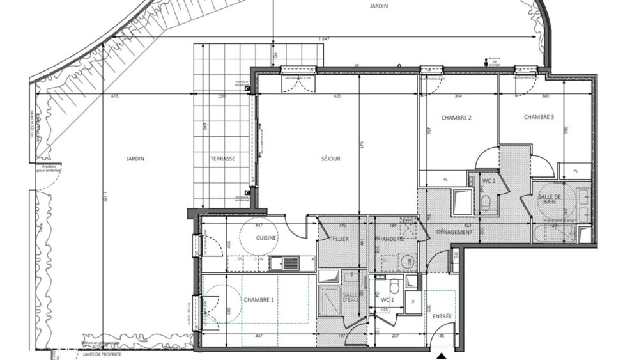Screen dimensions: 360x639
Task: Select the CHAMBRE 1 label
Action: (259, 300)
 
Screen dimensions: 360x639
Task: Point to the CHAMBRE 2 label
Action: (456, 118)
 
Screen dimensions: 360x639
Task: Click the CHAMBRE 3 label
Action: (539, 117)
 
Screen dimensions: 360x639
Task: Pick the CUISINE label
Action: (266, 237)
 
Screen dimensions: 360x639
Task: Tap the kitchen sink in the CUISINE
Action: (284, 262)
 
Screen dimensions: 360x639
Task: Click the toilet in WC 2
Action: (485, 203)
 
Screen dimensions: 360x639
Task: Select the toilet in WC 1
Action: (394, 286)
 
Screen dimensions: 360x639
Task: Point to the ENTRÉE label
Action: (441, 317)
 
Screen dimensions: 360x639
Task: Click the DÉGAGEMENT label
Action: (454, 231)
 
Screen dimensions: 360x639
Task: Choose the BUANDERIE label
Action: (389, 238)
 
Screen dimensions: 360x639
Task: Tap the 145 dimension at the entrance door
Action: (440, 336)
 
